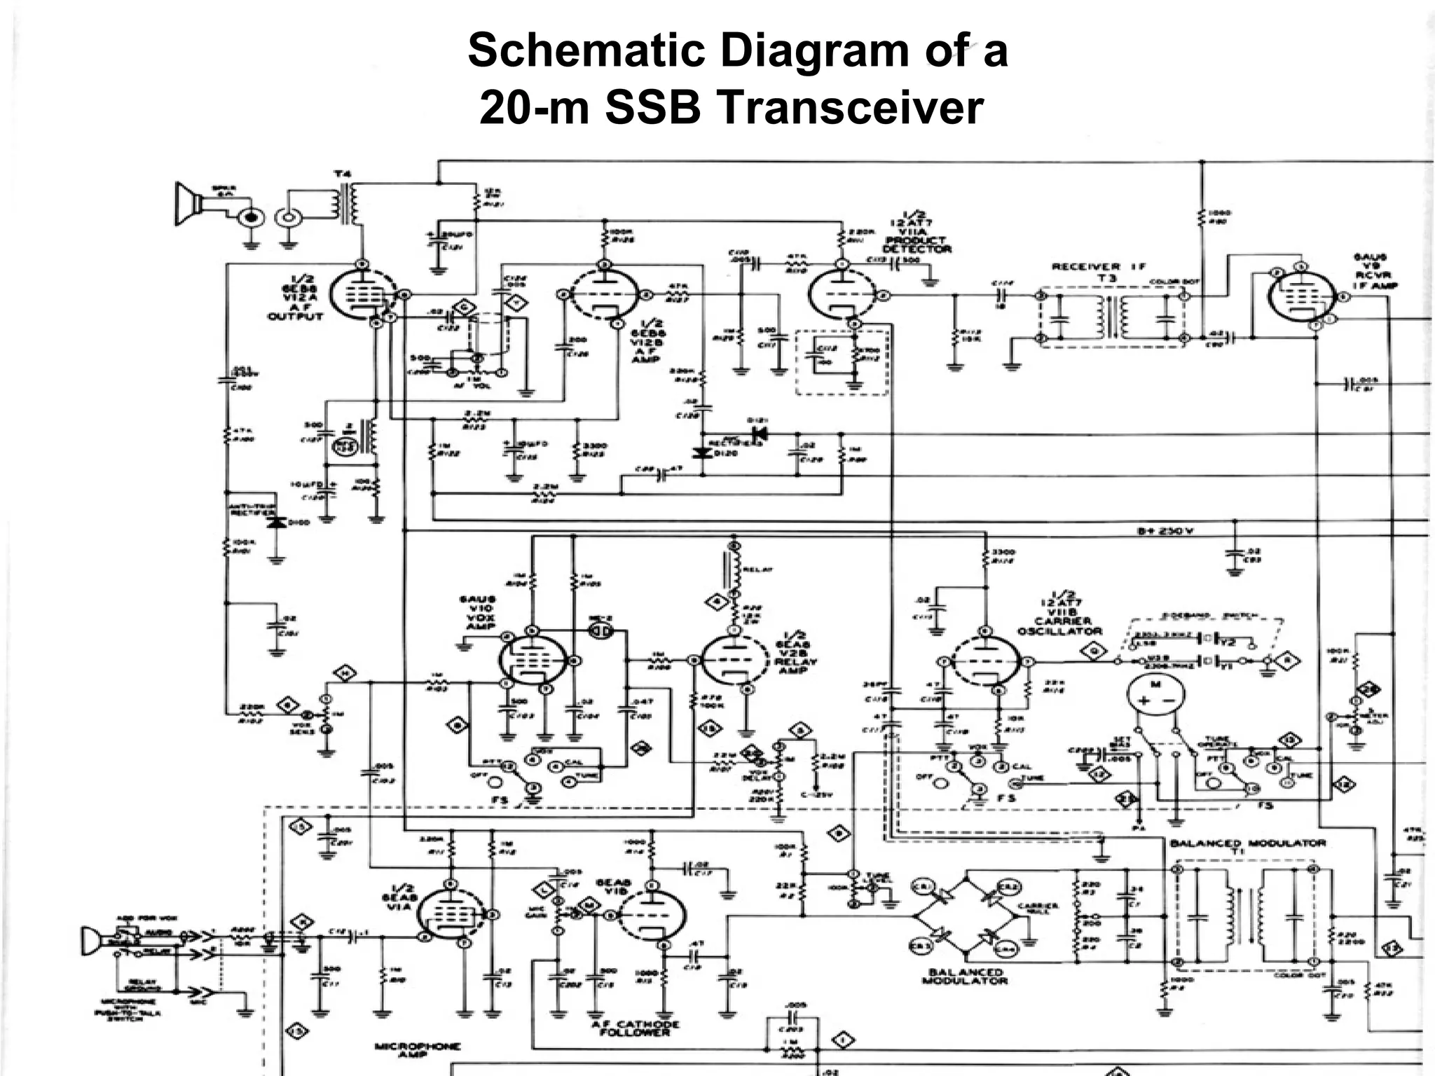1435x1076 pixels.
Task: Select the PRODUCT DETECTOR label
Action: (916, 244)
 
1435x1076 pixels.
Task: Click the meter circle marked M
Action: (1155, 694)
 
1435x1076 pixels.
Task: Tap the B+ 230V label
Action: (1165, 531)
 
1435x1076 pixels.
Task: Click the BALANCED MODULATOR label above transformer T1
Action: (1247, 843)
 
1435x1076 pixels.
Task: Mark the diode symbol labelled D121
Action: (758, 434)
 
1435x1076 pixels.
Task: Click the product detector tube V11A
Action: (842, 295)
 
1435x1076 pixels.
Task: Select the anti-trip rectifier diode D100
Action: (278, 523)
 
